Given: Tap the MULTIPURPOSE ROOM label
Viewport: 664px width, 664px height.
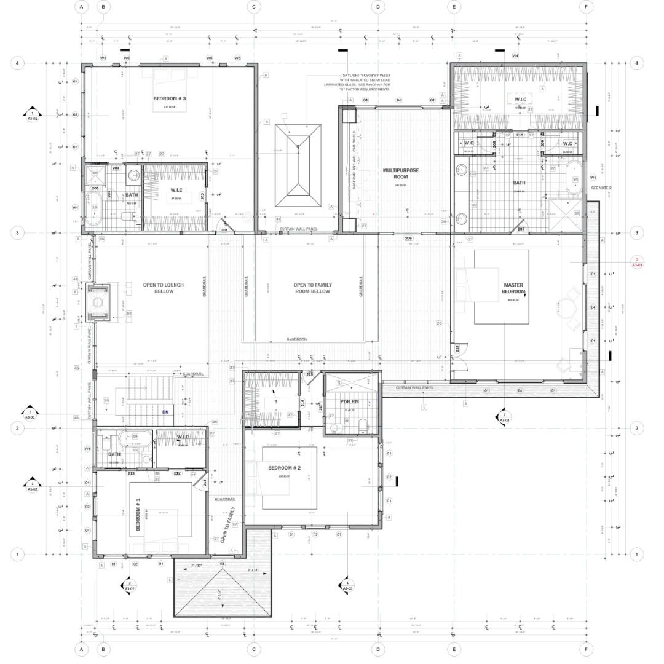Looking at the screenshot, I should pos(400,173).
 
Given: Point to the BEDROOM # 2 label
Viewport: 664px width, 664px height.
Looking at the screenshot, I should pos(283,468).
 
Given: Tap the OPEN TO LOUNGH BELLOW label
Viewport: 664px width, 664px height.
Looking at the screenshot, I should pos(159,288).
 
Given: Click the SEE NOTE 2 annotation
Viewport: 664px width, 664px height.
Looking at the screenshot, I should pos(601,188).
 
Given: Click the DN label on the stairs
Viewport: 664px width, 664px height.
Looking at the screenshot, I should pos(165,413).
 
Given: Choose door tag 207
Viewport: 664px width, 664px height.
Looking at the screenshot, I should pos(521,229).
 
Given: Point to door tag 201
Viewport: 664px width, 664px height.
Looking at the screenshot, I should pos(224,230).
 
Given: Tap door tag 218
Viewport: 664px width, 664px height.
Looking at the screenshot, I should pos(457,348).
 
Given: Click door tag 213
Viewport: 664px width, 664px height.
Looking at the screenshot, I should pos(131,473).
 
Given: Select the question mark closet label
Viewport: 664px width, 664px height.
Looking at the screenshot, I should pos(276,401).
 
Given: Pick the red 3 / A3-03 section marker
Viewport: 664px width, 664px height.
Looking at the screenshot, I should pos(638,263).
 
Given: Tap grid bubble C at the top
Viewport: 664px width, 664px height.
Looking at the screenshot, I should pos(254,7).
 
